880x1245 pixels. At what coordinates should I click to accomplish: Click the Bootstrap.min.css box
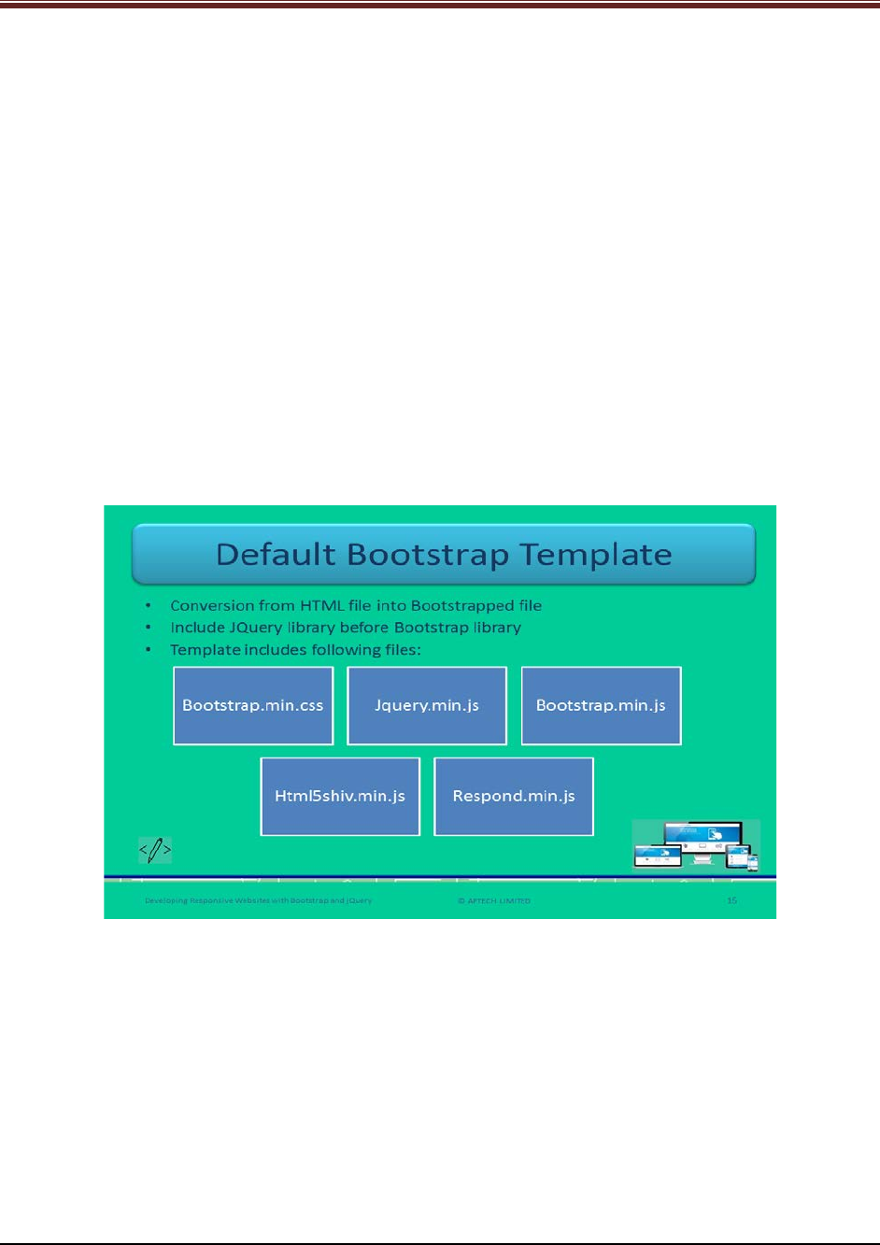[253, 706]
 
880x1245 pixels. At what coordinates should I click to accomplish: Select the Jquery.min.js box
[427, 706]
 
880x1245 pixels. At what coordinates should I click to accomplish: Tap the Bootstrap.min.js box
[601, 706]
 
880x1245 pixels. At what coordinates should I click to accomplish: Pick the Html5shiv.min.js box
[340, 797]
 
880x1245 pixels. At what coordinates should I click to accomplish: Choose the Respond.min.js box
[514, 797]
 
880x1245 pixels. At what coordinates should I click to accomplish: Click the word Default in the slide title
[275, 555]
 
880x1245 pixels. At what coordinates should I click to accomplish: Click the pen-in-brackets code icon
[155, 850]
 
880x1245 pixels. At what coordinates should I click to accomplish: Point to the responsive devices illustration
[696, 845]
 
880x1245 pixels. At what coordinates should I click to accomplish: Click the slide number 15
[731, 900]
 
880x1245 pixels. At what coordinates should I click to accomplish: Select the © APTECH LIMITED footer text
[494, 900]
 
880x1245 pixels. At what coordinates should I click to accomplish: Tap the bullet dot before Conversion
[149, 605]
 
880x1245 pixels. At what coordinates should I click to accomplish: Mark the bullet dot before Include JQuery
[149, 628]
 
